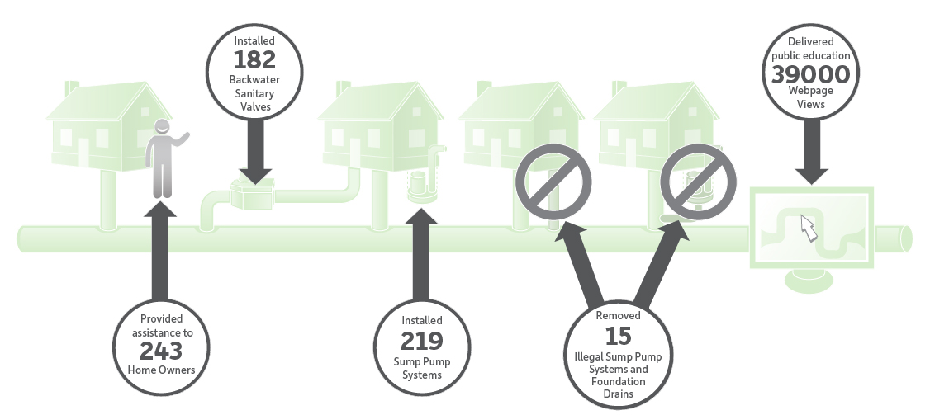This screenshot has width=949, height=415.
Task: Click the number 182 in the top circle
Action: pos(254,60)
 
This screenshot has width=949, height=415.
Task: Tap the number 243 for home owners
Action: pos(161,351)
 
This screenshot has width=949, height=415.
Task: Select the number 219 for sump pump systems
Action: pos(422,342)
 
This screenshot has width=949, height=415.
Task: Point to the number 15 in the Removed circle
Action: pos(618,336)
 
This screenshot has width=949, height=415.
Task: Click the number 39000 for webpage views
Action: pos(810,74)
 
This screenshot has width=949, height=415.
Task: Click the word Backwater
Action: pos(254,79)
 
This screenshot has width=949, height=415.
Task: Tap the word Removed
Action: pos(618,315)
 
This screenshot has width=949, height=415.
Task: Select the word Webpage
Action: pos(810,91)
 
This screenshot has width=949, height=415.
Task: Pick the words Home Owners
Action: pos(162,370)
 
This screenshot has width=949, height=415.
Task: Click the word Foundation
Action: pos(618,381)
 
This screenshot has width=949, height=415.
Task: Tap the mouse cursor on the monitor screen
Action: pos(809,228)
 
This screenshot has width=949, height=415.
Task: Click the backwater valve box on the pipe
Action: pos(253,193)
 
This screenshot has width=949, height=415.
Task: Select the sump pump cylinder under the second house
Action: pos(418,186)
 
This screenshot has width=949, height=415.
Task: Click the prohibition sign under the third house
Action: pos(553,182)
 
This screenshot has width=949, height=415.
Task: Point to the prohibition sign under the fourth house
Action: pos(698,182)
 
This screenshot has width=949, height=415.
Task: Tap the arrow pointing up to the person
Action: pos(160,250)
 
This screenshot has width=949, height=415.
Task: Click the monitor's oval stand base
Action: pos(809,281)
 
